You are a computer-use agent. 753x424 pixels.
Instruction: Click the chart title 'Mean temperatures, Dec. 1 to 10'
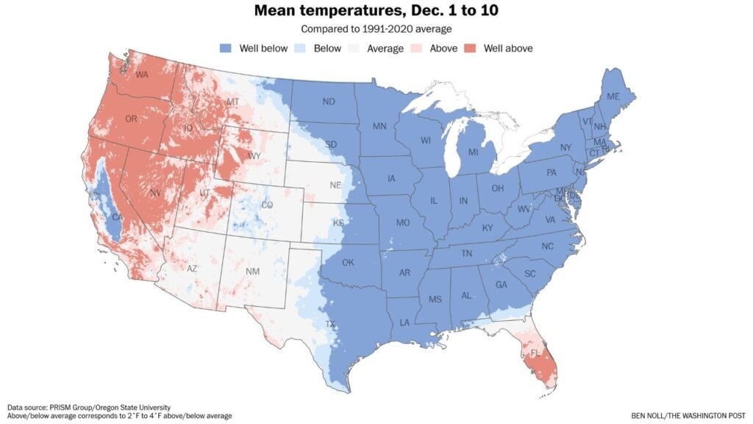[x=376, y=11]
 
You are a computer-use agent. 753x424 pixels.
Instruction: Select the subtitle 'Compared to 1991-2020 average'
[x=376, y=29]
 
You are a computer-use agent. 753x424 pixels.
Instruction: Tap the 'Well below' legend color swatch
[x=225, y=49]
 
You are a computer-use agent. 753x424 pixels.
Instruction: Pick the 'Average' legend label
[x=386, y=49]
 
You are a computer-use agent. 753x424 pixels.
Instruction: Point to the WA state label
[x=142, y=74]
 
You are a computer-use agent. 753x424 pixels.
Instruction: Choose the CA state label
[x=115, y=217]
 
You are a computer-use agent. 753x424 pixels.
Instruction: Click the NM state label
[x=252, y=272]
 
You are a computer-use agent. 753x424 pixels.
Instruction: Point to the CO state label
[x=267, y=205]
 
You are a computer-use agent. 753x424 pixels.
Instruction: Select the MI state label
[x=473, y=152]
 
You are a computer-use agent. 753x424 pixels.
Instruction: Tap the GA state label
[x=502, y=285]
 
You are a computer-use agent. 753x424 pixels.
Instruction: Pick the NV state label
[x=155, y=193]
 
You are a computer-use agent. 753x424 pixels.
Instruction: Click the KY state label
[x=487, y=227]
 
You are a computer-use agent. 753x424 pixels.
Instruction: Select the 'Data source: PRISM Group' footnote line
[x=89, y=407]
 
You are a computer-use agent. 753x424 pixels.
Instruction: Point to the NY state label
[x=565, y=147]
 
